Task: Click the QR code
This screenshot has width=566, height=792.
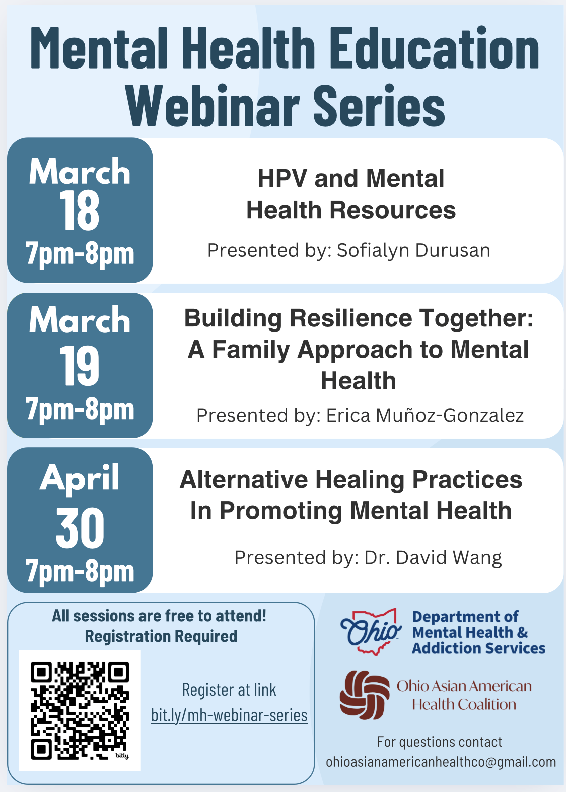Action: coord(80,710)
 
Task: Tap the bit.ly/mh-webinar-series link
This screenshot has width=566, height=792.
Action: coord(229,715)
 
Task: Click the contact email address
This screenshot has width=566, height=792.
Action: coord(441,762)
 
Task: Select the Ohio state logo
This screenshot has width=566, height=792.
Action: coord(371,632)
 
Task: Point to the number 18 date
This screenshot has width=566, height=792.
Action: coord(80,212)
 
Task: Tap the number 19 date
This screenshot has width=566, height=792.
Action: coord(80,366)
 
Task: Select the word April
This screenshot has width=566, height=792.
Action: coord(80,478)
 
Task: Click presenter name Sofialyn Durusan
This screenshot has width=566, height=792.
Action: coord(413,250)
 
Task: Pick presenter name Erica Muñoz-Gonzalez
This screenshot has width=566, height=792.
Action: coord(425,415)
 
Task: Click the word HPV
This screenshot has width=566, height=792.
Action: coord(282,179)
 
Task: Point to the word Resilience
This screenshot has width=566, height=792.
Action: coord(351,318)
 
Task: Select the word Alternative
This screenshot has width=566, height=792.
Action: coord(244,479)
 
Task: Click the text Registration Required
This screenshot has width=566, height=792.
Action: coord(161,636)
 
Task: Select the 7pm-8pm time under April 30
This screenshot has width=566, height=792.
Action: coord(80,571)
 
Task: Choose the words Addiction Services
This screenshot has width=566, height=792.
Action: coord(478,648)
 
